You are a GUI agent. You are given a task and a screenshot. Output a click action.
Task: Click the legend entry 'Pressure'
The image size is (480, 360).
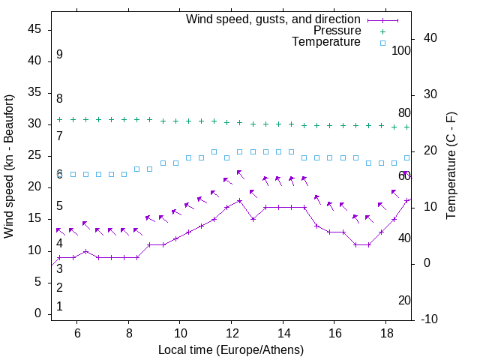[337, 31]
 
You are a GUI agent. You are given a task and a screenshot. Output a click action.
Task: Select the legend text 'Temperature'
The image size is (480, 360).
[326, 42]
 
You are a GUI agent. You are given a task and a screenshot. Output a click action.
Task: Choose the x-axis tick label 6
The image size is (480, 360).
[77, 333]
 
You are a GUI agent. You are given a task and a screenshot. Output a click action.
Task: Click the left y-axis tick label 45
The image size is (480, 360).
[34, 29]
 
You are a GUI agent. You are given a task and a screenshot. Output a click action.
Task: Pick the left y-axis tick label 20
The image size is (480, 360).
[34, 187]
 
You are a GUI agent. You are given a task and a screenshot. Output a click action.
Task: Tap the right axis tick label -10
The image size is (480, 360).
[431, 319]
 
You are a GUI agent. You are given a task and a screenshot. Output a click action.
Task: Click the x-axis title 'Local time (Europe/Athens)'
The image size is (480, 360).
[231, 349]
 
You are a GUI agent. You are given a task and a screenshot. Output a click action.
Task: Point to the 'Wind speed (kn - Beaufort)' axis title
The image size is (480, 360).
[9, 166]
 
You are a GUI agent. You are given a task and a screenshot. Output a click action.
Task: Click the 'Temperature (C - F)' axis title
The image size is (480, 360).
[451, 166]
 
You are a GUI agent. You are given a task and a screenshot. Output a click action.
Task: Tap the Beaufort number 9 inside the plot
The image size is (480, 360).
[59, 55]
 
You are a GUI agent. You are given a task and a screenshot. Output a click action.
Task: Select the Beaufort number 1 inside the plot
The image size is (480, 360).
[59, 306]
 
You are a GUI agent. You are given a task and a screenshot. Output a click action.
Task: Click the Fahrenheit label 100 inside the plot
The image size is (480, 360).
[402, 51]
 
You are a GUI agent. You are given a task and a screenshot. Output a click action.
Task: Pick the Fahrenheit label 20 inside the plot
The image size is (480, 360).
[404, 300]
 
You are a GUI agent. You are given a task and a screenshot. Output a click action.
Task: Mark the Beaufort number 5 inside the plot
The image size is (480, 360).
[59, 206]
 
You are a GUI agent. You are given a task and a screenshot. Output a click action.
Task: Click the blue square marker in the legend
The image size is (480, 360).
[382, 43]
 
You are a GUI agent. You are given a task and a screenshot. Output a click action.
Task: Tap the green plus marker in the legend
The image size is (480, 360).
[382, 31]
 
